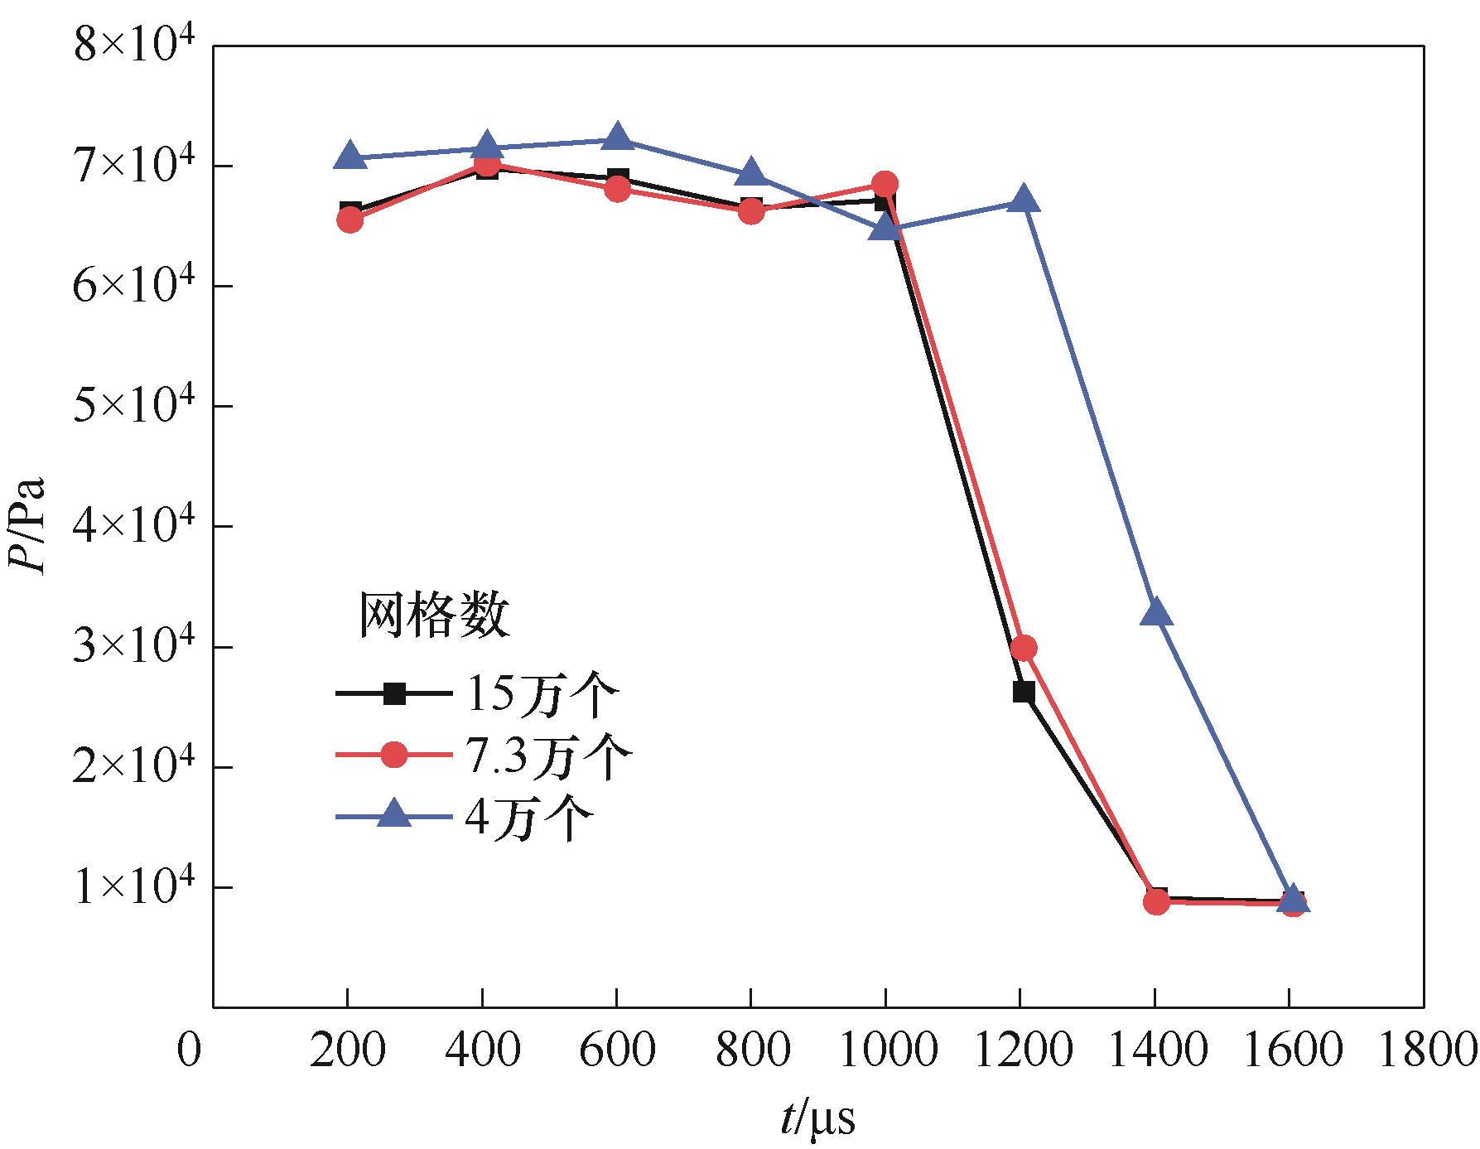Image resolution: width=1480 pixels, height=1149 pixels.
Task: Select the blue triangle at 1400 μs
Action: tap(1156, 613)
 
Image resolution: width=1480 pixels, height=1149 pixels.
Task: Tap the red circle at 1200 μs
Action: tap(1024, 648)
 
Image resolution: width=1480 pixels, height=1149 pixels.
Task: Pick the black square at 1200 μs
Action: tap(1024, 692)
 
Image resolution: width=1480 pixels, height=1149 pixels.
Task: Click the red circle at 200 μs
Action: tap(350, 220)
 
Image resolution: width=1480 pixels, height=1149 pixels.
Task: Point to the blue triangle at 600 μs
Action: tap(617, 137)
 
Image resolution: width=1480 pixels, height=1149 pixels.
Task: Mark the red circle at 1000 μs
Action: tap(885, 183)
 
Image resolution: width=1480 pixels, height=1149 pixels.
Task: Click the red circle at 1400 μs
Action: tap(1157, 901)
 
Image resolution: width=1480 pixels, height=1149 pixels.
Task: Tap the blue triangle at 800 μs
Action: tap(751, 173)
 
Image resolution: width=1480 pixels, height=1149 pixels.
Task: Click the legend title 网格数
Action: tap(433, 616)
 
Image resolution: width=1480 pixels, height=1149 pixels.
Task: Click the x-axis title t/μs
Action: tap(817, 1120)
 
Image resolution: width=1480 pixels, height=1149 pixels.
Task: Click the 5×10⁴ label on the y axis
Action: tap(133, 406)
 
